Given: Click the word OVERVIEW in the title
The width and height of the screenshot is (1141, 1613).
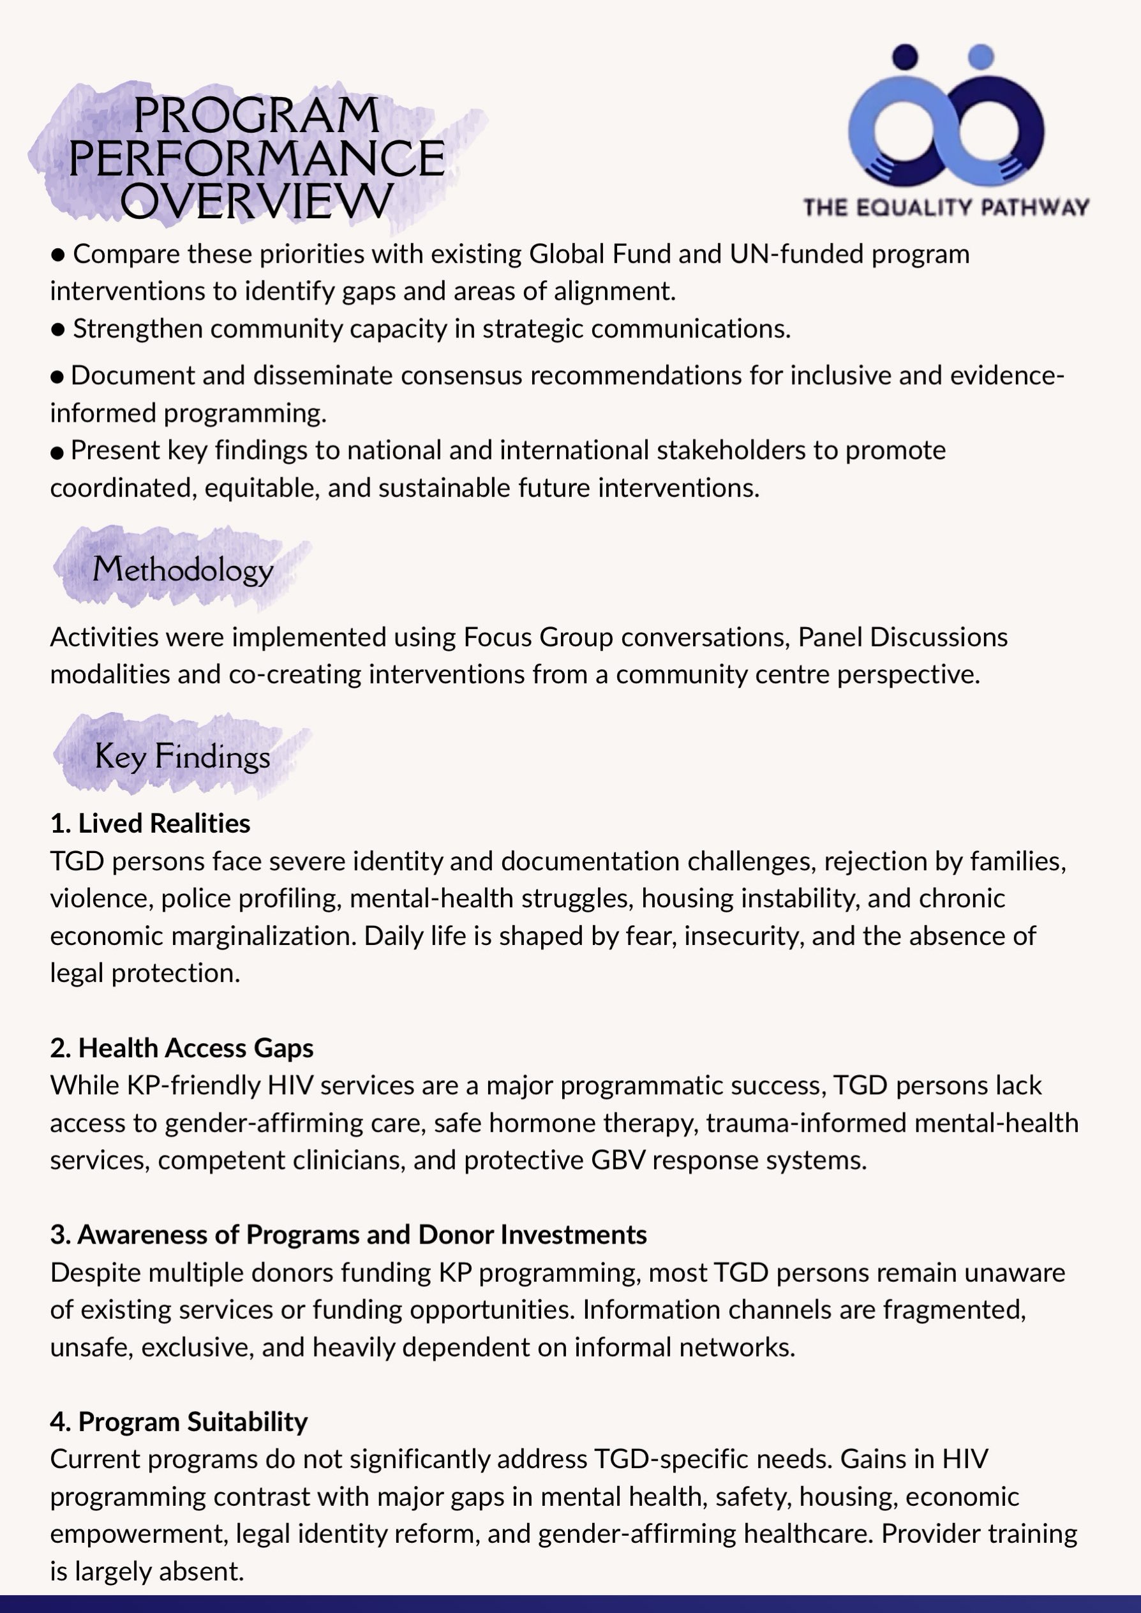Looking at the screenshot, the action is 257,201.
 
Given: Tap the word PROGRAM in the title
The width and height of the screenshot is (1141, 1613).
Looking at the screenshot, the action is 257,115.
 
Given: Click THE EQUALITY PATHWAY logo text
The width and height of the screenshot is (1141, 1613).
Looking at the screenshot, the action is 946,207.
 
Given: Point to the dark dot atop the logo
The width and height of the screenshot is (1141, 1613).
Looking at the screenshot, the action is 906,56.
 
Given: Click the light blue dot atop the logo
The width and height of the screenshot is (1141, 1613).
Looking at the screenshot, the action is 981,56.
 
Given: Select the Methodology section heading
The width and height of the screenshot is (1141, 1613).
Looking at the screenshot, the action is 183,569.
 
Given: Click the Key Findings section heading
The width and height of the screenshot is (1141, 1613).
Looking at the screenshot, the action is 183,757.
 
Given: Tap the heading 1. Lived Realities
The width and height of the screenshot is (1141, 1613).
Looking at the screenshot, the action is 151,823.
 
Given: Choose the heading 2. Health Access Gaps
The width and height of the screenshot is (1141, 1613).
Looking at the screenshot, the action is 182,1048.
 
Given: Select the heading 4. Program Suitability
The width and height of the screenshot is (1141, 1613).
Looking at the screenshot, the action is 179,1421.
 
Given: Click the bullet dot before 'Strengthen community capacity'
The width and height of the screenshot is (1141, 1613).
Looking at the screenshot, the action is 58,329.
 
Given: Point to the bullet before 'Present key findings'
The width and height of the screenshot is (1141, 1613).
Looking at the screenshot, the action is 57,452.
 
